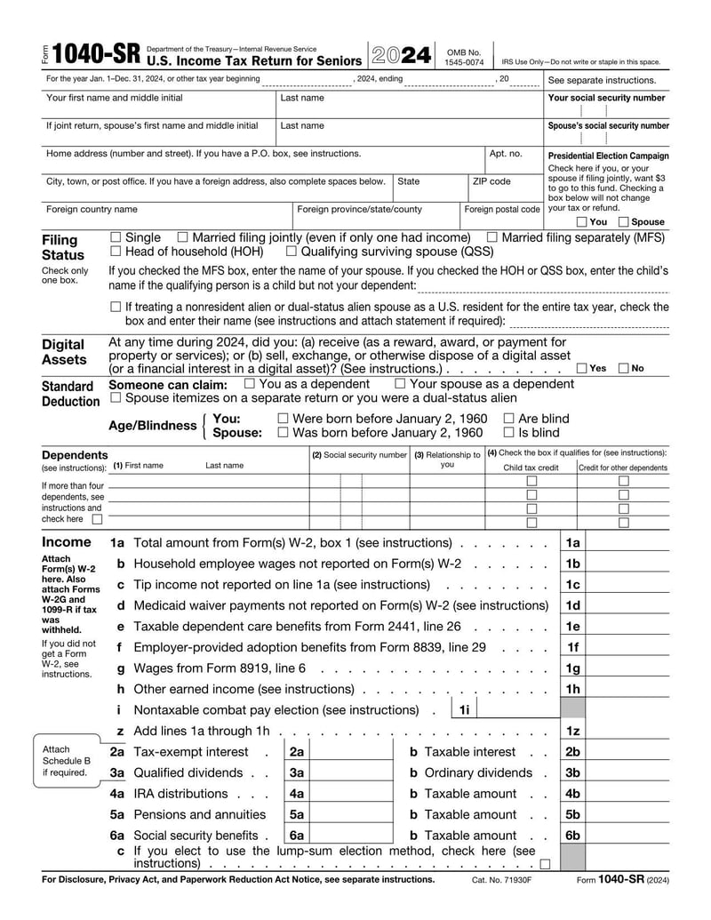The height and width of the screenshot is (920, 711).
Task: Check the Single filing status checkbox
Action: pyautogui.click(x=116, y=237)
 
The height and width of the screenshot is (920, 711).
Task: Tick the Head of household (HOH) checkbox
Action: pyautogui.click(x=116, y=252)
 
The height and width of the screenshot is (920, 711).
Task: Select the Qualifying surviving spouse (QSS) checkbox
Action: pyautogui.click(x=292, y=252)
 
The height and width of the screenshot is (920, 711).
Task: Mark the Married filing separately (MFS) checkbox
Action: pyautogui.click(x=491, y=237)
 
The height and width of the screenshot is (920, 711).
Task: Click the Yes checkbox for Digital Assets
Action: pyautogui.click(x=581, y=368)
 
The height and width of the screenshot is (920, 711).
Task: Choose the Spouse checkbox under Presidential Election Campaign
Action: pyautogui.click(x=623, y=221)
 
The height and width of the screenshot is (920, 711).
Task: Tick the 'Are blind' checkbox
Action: pyautogui.click(x=508, y=418)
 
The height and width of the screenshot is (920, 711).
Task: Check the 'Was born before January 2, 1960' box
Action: pyautogui.click(x=283, y=433)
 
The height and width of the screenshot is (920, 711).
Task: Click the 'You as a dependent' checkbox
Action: pyautogui.click(x=250, y=384)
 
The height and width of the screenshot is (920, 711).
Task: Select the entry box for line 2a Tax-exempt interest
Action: pyautogui.click(x=350, y=752)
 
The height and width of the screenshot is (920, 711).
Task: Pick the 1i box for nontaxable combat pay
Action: pyautogui.click(x=510, y=709)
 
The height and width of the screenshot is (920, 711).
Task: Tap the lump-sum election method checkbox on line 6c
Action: pyautogui.click(x=544, y=863)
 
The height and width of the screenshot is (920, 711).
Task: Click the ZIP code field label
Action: pyautogui.click(x=491, y=181)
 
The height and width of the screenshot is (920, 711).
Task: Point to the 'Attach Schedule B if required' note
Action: pyautogui.click(x=66, y=761)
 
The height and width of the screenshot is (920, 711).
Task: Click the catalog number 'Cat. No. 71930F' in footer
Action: pyautogui.click(x=501, y=880)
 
